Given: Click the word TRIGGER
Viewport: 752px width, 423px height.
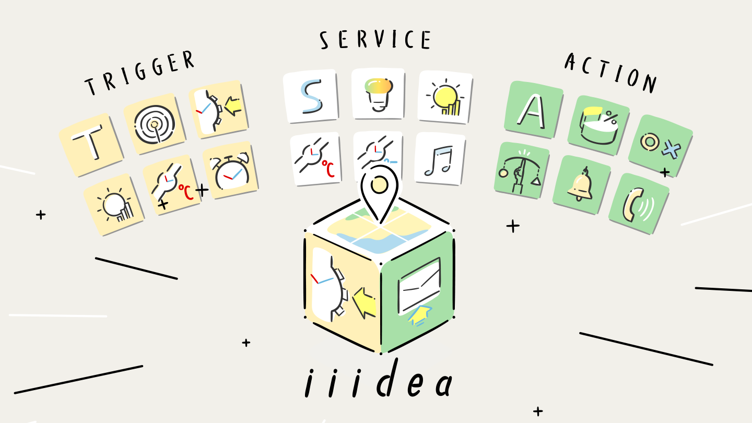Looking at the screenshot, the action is click(x=139, y=73).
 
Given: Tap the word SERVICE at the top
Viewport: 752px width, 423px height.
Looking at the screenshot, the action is click(x=375, y=40).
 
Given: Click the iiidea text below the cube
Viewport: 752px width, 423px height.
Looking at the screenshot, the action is click(x=378, y=379).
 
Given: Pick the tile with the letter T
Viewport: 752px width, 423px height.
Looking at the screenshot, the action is click(x=91, y=144).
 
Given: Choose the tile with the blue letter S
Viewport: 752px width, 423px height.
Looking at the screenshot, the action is click(x=311, y=96).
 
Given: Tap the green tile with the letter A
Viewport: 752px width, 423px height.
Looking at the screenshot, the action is click(x=534, y=110).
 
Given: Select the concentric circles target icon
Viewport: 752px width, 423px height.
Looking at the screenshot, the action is click(x=155, y=124).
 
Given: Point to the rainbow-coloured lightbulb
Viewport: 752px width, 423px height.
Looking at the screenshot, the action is click(x=379, y=95).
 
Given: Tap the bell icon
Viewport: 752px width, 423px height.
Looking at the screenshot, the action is click(x=580, y=185).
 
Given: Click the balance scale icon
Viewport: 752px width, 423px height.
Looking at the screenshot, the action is click(x=521, y=172).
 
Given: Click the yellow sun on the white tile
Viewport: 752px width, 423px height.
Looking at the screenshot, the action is click(x=445, y=97).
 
